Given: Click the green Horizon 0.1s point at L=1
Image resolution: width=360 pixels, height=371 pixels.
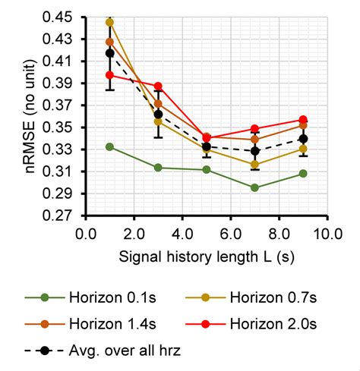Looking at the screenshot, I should point(110,146).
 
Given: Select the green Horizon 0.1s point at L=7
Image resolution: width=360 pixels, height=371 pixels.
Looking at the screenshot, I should point(254,187).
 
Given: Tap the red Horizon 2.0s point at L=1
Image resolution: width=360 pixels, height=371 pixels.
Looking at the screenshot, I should point(110,75).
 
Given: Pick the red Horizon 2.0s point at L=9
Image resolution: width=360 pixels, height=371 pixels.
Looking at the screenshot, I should point(303,120).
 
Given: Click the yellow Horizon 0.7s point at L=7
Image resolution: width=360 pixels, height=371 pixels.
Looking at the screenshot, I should point(254,165).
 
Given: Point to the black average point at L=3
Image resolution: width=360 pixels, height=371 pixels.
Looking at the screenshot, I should point(158,114).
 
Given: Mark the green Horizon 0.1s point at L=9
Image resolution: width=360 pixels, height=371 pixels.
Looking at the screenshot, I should point(303,174).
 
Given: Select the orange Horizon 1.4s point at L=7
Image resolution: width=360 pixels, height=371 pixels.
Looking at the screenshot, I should point(254,140).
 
